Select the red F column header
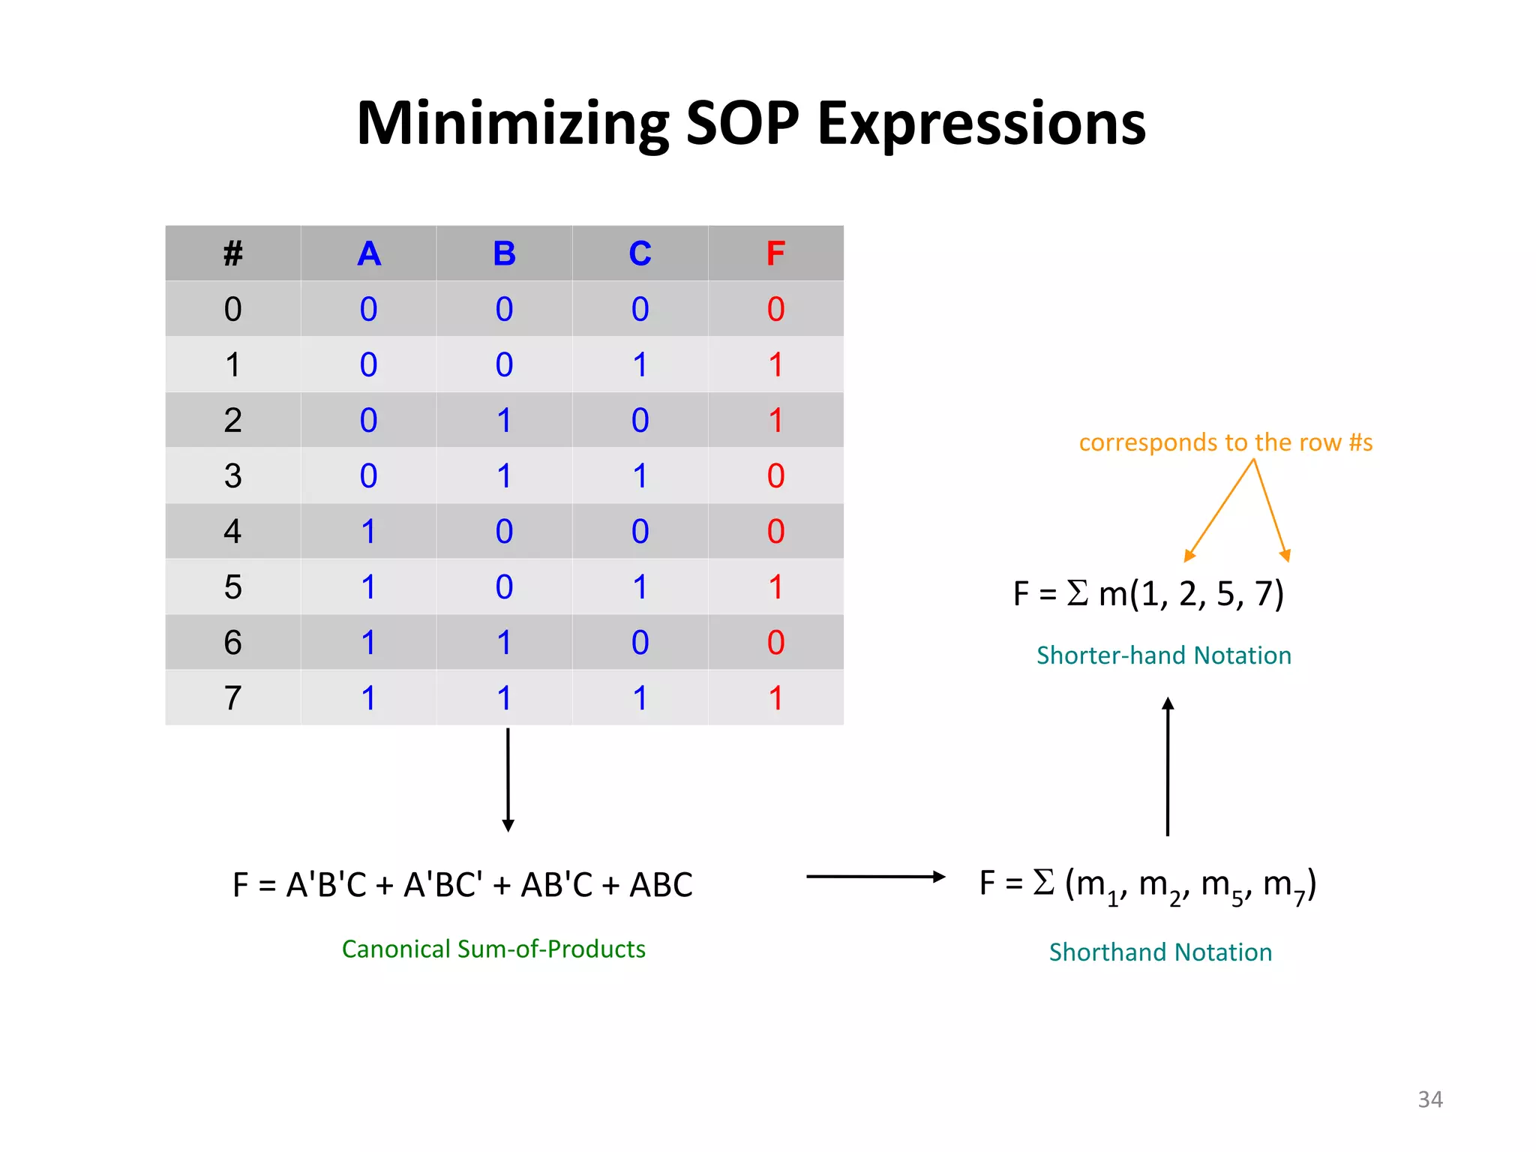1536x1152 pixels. pyautogui.click(x=775, y=253)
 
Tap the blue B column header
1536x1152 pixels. pyautogui.click(x=504, y=253)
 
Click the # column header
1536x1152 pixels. pyautogui.click(x=232, y=253)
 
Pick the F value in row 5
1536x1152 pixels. pyautogui.click(x=775, y=587)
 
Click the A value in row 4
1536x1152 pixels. pyautogui.click(x=368, y=532)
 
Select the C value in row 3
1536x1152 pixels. pyautogui.click(x=640, y=476)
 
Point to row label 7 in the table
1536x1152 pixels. pyautogui.click(x=232, y=698)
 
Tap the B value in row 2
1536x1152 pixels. pyautogui.click(x=504, y=421)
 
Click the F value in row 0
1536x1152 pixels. pyautogui.click(x=775, y=309)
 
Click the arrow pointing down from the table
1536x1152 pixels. pyautogui.click(x=508, y=780)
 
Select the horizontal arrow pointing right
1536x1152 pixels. pyautogui.click(x=874, y=876)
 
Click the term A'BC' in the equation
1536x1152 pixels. pyautogui.click(x=442, y=885)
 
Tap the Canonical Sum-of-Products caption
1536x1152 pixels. pyautogui.click(x=493, y=949)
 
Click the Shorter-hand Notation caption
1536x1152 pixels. pyautogui.click(x=1163, y=655)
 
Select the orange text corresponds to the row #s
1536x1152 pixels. pyautogui.click(x=1225, y=442)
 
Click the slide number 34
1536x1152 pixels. pyautogui.click(x=1429, y=1099)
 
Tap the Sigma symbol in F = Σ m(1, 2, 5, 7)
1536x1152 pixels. pyautogui.click(x=1077, y=592)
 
